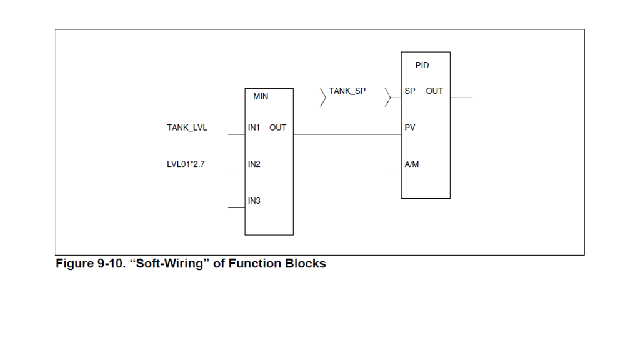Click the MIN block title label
pos(261,97)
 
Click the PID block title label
pos(422,65)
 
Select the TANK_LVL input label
pos(187,127)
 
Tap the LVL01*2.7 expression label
pos(186,164)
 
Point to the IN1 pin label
pos(254,127)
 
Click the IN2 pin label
pos(254,164)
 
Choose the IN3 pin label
pos(254,201)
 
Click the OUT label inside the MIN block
pos(278,127)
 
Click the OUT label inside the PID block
pos(434,91)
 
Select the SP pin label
pos(410,91)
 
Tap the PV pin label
pos(410,127)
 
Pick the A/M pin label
pos(412,164)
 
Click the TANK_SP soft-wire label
pos(347,91)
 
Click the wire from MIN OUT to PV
pos(347,134)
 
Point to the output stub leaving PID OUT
pos(461,97)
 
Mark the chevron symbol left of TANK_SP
pos(323,97)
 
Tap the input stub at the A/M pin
pos(394,170)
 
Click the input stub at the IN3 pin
pos(237,207)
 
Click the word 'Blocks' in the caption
pos(306,264)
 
